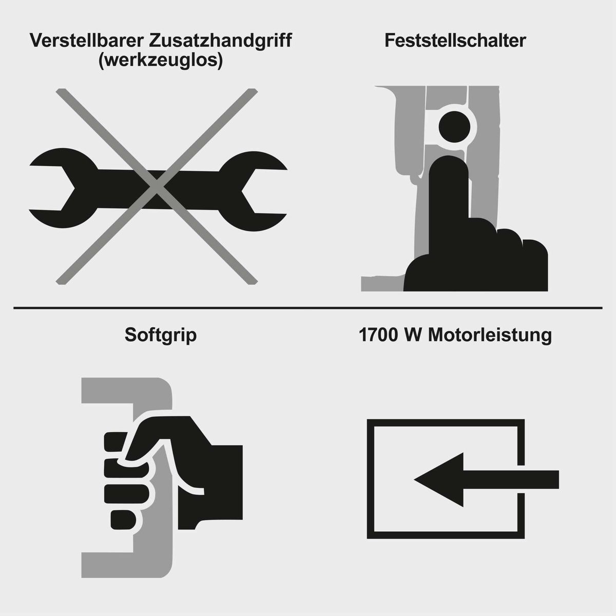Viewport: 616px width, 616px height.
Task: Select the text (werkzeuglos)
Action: pyautogui.click(x=160, y=61)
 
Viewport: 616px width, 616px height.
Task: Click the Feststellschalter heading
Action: pyautogui.click(x=455, y=41)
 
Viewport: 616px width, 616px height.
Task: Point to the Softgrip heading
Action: pyautogui.click(x=160, y=335)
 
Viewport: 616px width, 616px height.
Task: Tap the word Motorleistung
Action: pyautogui.click(x=490, y=335)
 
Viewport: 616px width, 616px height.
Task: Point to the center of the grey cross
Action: pyautogui.click(x=157, y=186)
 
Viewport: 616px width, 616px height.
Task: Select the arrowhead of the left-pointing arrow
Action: pyautogui.click(x=436, y=479)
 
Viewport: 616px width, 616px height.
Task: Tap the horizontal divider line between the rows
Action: pyautogui.click(x=308, y=308)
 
